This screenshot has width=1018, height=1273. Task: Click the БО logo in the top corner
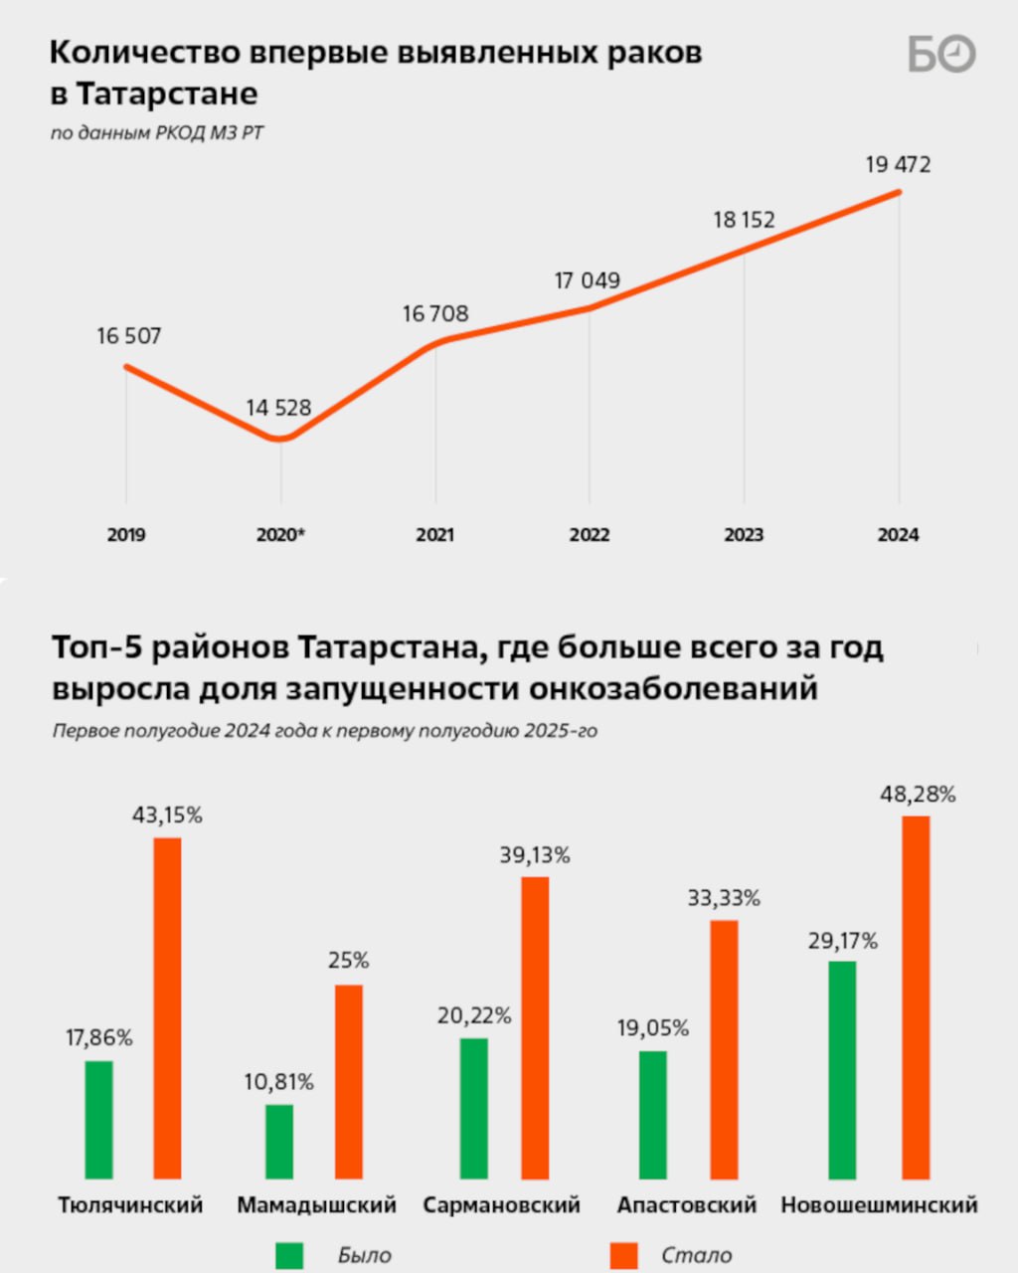click(941, 54)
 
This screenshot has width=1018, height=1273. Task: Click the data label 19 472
click(898, 165)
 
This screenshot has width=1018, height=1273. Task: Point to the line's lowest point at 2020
click(281, 438)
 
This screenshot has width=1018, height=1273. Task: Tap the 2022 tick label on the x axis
click(590, 535)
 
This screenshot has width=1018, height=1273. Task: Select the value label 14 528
click(278, 408)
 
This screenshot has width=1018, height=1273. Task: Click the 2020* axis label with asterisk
click(280, 535)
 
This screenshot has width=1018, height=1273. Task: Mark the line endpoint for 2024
click(899, 192)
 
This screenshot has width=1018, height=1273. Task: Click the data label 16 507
click(128, 336)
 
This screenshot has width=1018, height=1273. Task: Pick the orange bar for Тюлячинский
click(167, 1007)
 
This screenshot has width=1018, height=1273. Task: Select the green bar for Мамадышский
click(279, 1141)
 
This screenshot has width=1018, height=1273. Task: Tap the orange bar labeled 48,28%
click(916, 997)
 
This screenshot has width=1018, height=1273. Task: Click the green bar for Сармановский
click(474, 1108)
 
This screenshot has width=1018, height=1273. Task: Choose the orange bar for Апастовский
click(724, 1049)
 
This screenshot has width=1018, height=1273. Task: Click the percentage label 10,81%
click(278, 1082)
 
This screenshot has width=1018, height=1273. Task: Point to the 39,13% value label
click(535, 855)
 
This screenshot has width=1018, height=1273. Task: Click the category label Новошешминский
click(879, 1205)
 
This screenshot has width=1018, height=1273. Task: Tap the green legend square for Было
click(289, 1255)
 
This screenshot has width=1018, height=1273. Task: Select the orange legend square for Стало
click(624, 1255)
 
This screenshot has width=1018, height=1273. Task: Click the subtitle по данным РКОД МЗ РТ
click(157, 132)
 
